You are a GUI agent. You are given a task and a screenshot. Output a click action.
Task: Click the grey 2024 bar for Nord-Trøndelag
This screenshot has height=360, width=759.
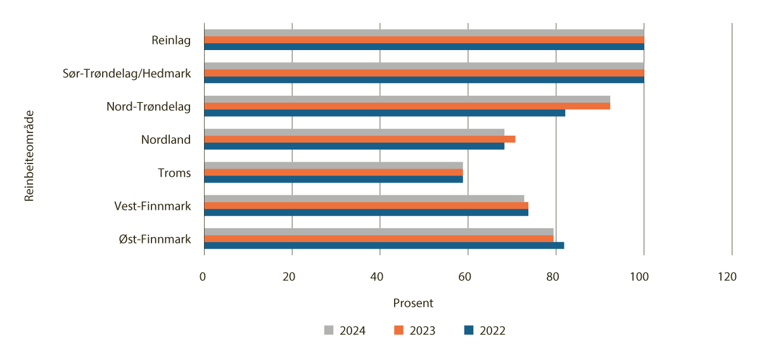tap(407, 99)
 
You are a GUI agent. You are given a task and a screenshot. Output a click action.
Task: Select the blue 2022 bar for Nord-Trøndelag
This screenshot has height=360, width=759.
tap(384, 113)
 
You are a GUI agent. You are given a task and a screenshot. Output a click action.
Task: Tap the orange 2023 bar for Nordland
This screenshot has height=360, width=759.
tap(359, 139)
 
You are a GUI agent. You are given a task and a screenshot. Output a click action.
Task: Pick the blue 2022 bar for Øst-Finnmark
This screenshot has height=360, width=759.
tap(383, 245)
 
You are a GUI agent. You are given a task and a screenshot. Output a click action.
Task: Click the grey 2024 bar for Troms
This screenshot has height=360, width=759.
tap(333, 165)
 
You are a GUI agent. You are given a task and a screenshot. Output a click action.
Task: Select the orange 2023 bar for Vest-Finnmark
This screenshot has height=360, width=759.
tap(366, 205)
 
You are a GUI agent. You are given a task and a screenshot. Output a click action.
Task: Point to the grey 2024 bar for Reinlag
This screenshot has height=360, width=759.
tap(424, 33)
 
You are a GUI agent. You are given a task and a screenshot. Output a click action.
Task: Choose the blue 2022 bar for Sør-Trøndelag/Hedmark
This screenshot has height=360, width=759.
tap(424, 80)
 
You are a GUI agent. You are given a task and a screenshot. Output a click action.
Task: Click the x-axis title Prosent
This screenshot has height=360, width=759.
tap(413, 303)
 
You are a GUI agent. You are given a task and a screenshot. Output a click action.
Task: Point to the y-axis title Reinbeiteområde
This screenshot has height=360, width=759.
tap(29, 155)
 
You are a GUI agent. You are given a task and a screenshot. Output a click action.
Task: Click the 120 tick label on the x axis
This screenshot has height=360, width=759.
tap(727, 276)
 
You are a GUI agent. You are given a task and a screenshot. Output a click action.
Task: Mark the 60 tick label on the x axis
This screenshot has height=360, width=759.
tap(464, 276)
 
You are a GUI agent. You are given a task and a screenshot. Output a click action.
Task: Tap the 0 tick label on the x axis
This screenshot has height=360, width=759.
tap(203, 276)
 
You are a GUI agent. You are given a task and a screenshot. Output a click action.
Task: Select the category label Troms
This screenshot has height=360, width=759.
tap(174, 172)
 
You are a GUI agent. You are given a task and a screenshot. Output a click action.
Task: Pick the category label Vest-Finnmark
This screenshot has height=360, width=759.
tap(152, 205)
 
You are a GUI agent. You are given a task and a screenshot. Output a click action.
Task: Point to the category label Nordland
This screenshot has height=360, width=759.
tap(165, 139)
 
